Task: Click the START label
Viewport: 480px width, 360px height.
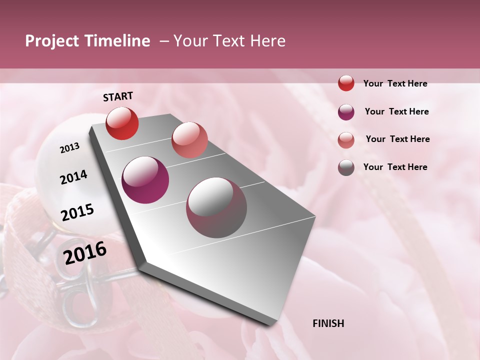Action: (x=118, y=96)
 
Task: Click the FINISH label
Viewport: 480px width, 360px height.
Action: (x=328, y=323)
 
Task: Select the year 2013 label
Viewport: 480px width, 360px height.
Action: (x=69, y=148)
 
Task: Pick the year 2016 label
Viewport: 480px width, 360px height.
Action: (x=85, y=253)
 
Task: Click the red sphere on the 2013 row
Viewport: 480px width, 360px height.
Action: (x=122, y=123)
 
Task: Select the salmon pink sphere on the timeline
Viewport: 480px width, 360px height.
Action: (x=189, y=139)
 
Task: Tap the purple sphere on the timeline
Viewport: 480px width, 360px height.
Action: (x=145, y=180)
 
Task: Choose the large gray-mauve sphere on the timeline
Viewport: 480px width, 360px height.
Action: (x=216, y=207)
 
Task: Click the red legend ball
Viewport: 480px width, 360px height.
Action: (x=346, y=83)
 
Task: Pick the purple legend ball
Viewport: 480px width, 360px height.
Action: (x=346, y=112)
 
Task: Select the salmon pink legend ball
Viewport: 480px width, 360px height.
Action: (x=346, y=140)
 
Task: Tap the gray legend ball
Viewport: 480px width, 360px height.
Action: (x=346, y=167)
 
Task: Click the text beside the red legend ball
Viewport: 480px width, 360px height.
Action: (x=395, y=83)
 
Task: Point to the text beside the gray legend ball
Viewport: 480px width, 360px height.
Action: (x=395, y=167)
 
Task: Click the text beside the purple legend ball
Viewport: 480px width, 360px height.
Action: (x=396, y=111)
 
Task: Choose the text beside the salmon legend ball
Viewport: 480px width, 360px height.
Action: (x=397, y=139)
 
